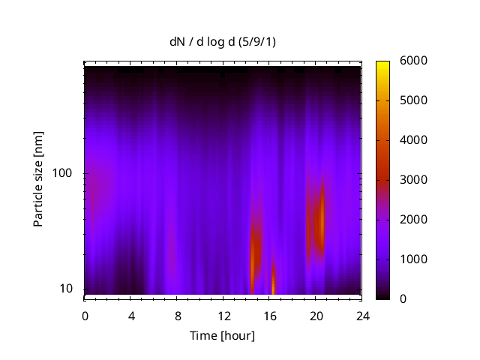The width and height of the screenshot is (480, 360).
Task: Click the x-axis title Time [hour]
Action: pyautogui.click(x=222, y=335)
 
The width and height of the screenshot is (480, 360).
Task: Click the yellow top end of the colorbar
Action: pyautogui.click(x=382, y=64)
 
